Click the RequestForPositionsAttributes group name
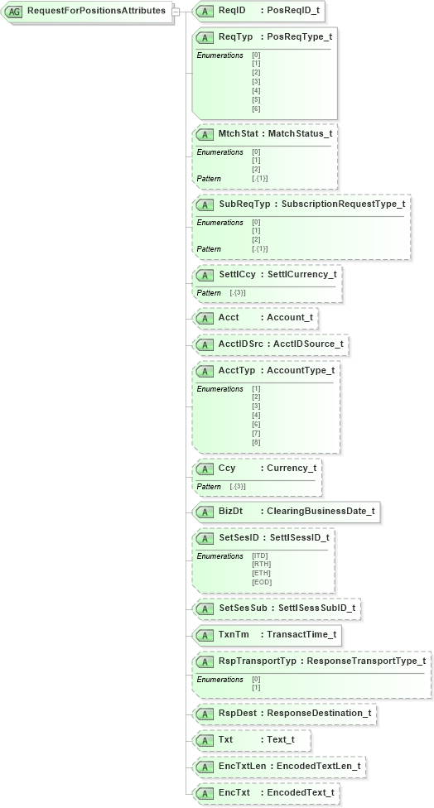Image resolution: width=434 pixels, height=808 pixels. (96, 12)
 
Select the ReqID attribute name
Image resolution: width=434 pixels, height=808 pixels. (232, 12)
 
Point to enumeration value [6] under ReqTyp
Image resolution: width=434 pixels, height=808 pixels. (256, 109)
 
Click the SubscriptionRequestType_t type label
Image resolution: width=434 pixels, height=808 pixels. (343, 204)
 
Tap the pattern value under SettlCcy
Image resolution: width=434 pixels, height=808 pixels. (238, 293)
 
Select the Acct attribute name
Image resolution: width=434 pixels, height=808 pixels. (229, 317)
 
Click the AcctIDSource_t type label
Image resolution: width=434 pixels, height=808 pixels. (308, 344)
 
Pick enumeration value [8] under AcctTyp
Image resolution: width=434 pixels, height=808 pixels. (256, 443)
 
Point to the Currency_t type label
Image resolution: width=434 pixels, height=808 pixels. (291, 468)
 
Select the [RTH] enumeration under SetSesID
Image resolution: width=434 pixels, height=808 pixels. (261, 565)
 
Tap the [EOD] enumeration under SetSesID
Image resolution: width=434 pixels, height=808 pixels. (261, 582)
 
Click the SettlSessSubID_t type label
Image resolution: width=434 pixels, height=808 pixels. (316, 608)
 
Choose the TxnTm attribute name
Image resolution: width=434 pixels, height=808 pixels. (234, 635)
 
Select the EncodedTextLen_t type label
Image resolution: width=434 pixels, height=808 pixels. (319, 767)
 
